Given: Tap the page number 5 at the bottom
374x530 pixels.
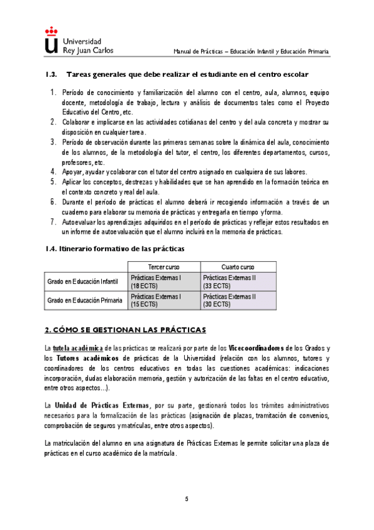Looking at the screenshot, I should pos(187,499).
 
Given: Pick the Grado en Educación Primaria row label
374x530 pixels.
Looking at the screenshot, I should pos(84,301).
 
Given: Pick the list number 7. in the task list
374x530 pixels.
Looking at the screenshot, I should pos(53,222).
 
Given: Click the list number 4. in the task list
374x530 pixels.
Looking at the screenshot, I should pos(53,172).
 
